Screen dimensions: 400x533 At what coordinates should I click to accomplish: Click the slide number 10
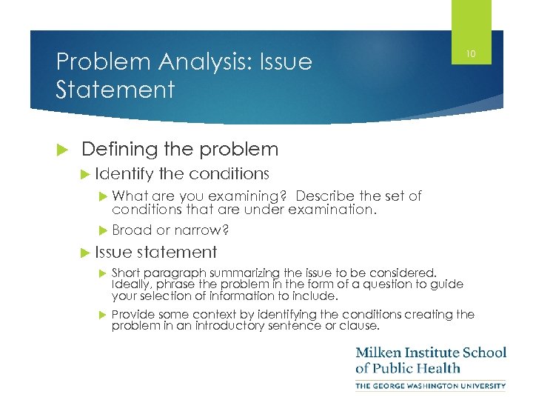470,53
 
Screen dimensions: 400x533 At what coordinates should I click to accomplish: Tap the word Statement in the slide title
115,90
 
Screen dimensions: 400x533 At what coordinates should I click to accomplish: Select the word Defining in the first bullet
114,149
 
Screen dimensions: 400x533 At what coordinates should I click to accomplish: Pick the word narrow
195,230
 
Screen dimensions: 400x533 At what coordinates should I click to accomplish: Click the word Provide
135,315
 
